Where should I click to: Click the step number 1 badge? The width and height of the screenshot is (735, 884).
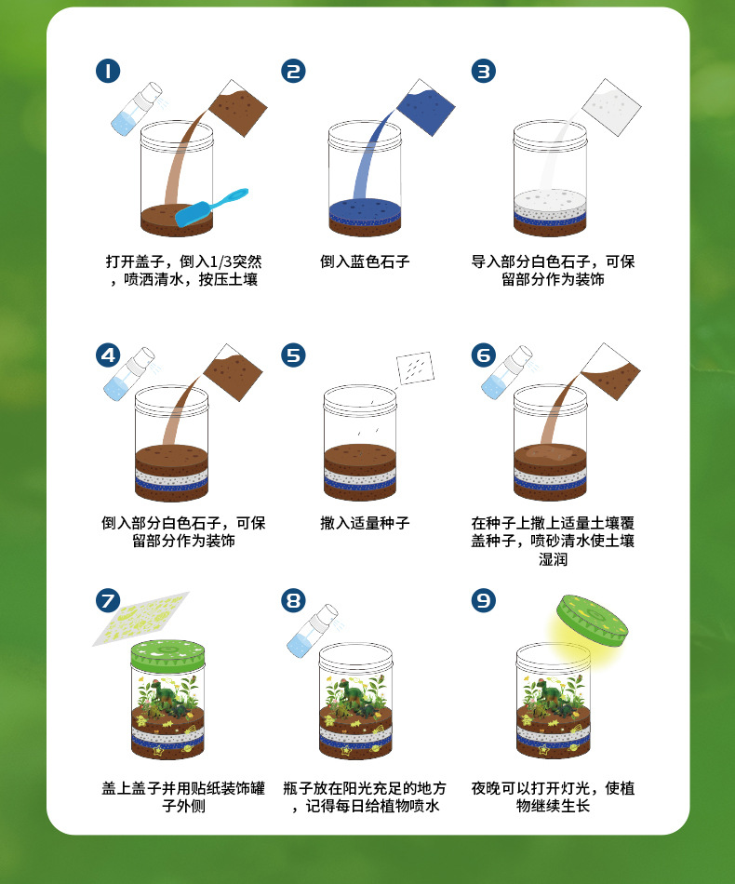click(108, 71)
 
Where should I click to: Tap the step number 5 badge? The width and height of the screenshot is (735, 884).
click(294, 355)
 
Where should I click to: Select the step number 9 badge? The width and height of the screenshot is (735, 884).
click(484, 600)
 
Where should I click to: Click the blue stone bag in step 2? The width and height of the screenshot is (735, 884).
click(425, 107)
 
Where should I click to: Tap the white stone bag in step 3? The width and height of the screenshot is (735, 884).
click(611, 107)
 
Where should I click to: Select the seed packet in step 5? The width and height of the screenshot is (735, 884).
click(415, 368)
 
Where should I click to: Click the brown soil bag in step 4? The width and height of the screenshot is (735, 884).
click(233, 372)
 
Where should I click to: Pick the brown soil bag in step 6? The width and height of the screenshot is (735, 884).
click(610, 371)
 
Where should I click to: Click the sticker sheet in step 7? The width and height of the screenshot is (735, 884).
click(140, 619)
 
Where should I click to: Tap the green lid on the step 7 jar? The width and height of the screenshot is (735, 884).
click(167, 654)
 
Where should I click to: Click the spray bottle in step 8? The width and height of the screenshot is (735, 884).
click(313, 631)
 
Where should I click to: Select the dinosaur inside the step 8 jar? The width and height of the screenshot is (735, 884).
click(354, 697)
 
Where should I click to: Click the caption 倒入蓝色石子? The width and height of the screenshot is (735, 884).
click(365, 261)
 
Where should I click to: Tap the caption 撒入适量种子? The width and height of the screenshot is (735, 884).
click(365, 523)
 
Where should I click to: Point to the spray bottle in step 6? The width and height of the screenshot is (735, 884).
click(507, 372)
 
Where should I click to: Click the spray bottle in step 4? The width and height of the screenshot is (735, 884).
click(129, 374)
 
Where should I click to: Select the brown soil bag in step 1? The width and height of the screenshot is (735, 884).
click(238, 108)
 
